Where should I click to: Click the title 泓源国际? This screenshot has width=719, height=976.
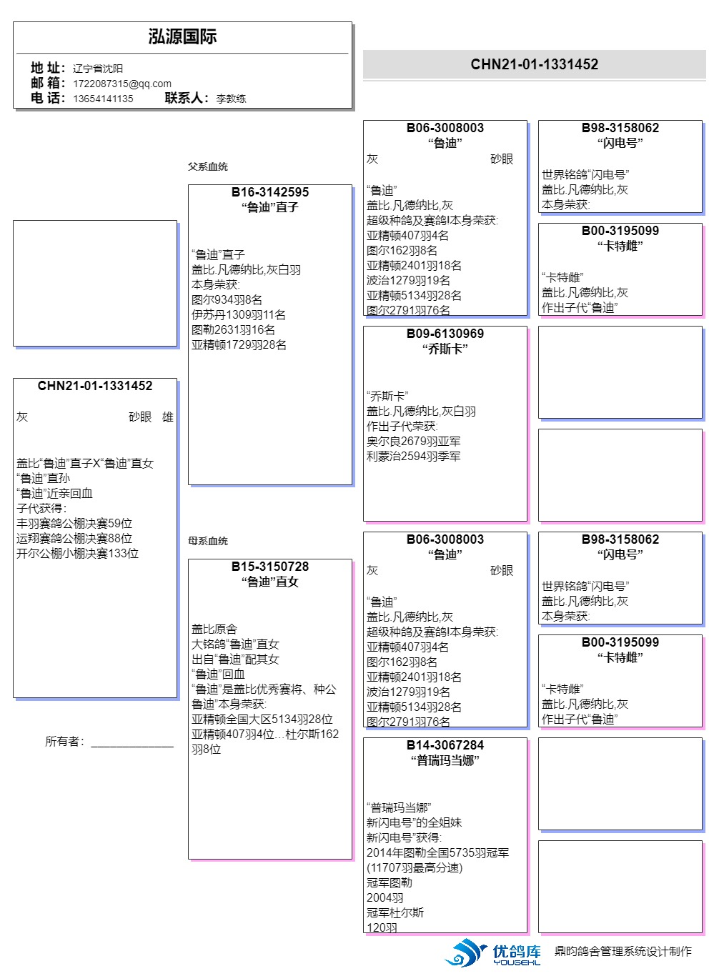pos(182,36)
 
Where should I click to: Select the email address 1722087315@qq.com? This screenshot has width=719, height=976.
pos(122,84)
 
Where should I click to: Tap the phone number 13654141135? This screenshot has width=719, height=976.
pos(103,99)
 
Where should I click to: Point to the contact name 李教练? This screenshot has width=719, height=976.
pos(231,99)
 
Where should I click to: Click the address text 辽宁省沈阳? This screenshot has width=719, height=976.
pos(98,69)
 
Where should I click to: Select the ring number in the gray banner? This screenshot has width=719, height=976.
pos(534,64)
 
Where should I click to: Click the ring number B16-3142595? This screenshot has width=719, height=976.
pos(270,192)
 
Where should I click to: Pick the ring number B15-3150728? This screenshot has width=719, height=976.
pos(270,567)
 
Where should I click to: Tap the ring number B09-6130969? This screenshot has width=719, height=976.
pos(445,334)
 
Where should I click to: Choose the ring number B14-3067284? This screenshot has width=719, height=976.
pos(445,745)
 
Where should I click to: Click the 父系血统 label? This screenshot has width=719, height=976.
pos(208,166)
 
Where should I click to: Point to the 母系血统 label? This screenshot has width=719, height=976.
pos(208,541)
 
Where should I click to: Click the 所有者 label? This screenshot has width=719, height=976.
pos(64,742)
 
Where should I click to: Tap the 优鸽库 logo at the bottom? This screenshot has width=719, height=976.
pos(493,953)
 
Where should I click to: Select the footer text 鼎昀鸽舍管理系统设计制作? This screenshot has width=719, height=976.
pos(623,951)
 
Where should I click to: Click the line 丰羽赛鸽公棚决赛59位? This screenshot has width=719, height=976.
pos(74,524)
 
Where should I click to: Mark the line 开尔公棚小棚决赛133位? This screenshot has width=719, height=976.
pos(77,554)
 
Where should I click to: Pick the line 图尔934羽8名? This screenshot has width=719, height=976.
pos(227,300)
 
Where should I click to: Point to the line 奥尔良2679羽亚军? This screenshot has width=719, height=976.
pos(413,442)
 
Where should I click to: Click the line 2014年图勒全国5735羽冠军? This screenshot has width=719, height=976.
pos(437,853)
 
